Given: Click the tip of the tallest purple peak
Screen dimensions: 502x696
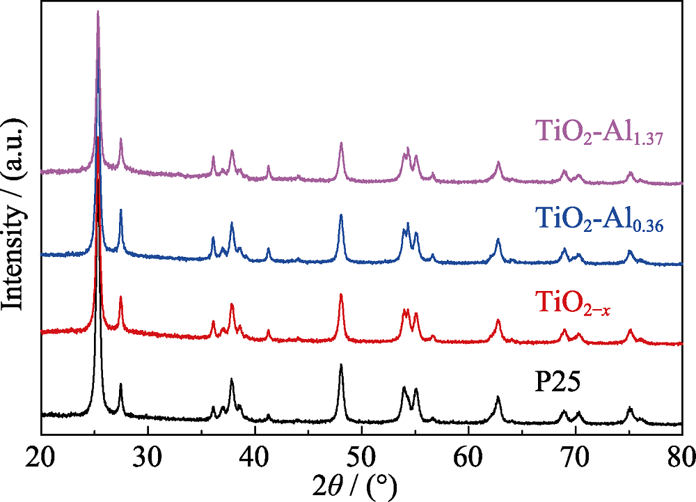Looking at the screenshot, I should coord(98,11).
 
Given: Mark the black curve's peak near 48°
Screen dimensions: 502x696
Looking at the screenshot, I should coord(341,364).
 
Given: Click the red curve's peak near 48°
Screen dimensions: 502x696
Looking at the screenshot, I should coord(341,295).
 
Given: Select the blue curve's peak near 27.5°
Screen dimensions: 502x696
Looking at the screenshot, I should coord(120,210).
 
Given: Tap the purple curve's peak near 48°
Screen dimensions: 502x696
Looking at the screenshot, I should coord(341,143).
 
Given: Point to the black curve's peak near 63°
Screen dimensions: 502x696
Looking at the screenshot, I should coord(498,397).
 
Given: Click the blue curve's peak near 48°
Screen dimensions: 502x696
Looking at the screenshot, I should coord(341,214).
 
